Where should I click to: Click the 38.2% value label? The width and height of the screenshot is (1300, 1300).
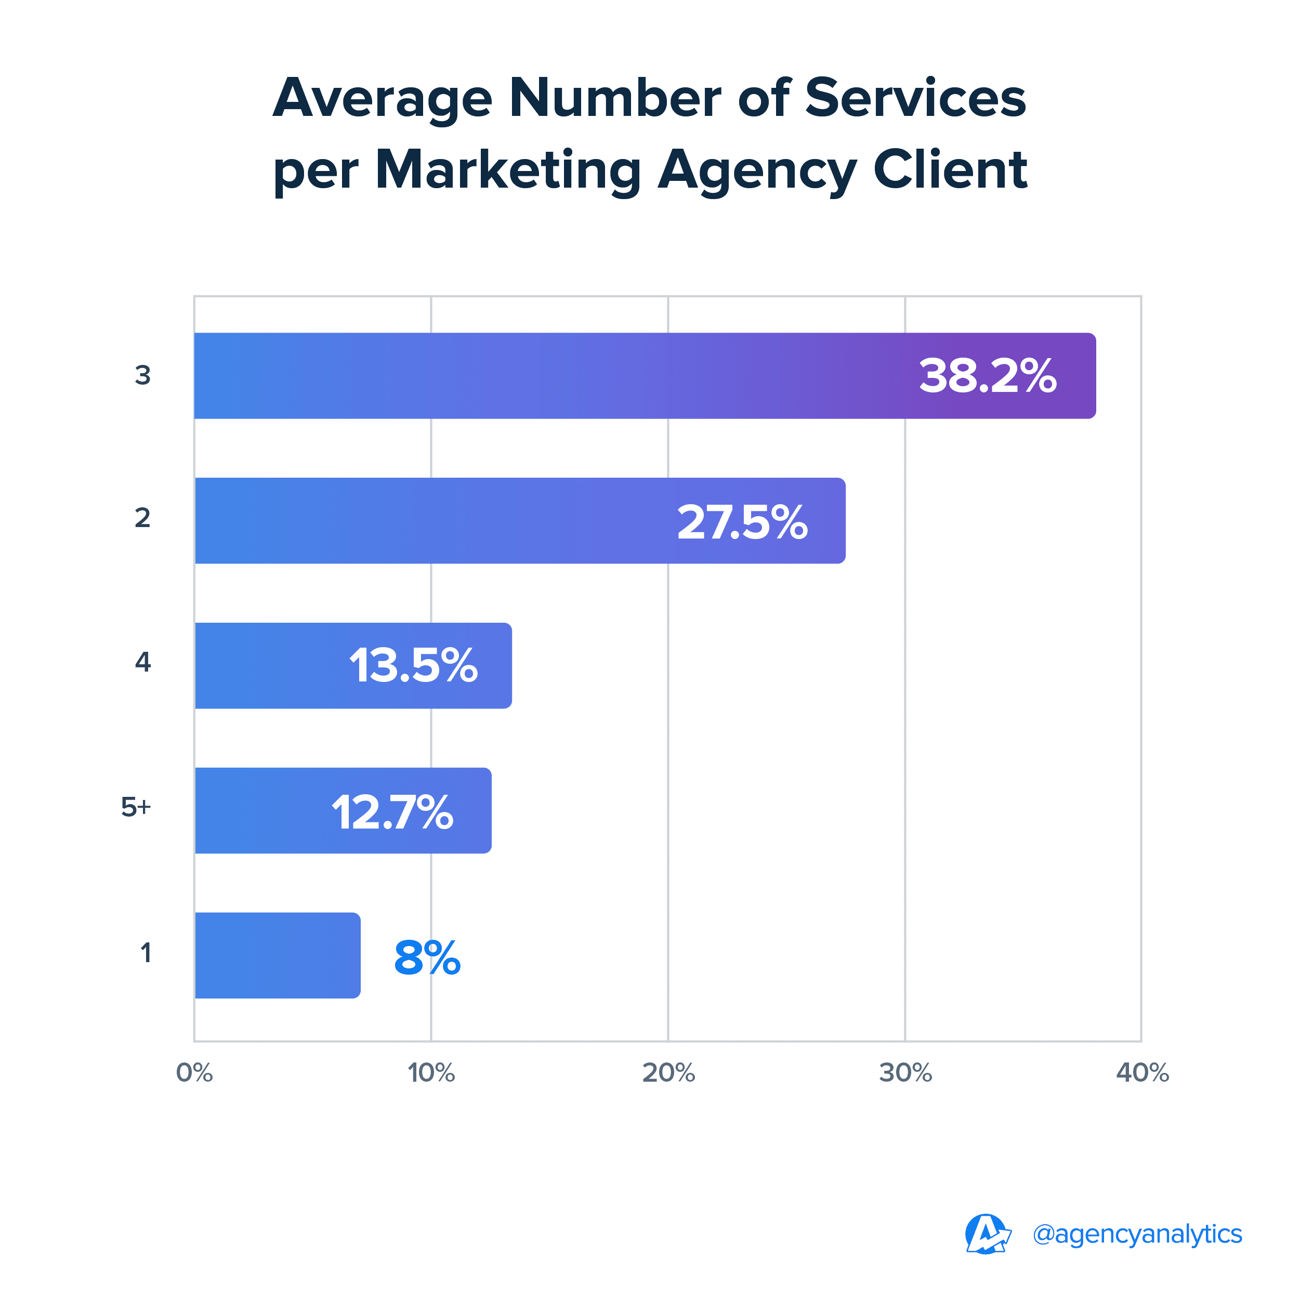[987, 376]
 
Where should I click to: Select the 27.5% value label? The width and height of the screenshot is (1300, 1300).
[742, 522]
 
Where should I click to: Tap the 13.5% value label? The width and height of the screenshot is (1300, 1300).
[413, 666]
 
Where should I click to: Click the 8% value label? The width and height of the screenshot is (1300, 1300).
[427, 957]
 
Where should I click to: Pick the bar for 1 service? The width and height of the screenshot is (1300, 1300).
[277, 955]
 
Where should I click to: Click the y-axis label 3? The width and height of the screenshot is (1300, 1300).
[142, 375]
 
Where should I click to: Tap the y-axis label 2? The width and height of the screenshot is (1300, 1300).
[142, 518]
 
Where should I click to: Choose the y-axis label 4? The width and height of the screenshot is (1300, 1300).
[142, 663]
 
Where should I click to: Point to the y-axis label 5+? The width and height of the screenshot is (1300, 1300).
[136, 807]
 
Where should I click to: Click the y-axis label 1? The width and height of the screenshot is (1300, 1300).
[146, 953]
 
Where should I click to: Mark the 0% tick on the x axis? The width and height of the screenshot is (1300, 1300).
[194, 1072]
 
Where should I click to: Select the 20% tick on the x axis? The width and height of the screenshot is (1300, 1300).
[668, 1072]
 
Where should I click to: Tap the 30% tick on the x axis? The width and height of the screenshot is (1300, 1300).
[905, 1072]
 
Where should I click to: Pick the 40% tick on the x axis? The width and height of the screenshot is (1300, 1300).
[1142, 1072]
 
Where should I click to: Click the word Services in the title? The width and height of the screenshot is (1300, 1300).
[915, 98]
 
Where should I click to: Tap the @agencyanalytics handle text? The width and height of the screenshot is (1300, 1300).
[1137, 1234]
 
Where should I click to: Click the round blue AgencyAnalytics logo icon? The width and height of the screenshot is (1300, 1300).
[987, 1234]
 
